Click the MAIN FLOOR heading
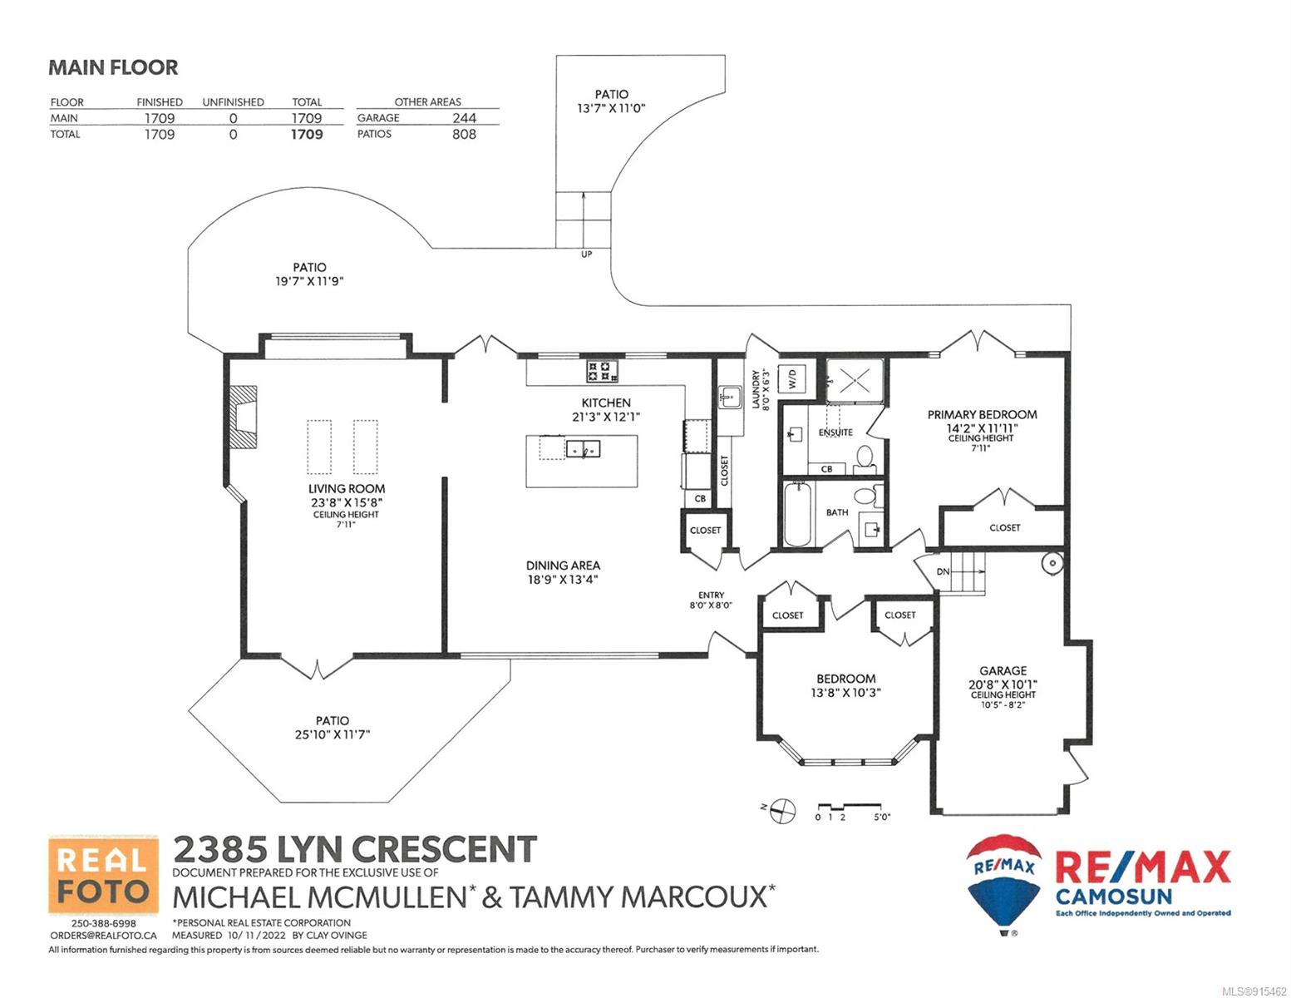[x=113, y=67]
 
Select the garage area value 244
[x=464, y=118]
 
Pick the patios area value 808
[x=464, y=135]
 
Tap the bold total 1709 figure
[x=307, y=135]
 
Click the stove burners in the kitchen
[x=603, y=371]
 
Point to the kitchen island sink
[x=583, y=449]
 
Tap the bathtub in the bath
[x=797, y=514]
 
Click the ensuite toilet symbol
[x=865, y=458]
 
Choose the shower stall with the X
[x=855, y=381]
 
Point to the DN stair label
[x=943, y=572]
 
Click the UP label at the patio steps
[x=586, y=254]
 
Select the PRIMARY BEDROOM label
[x=982, y=415]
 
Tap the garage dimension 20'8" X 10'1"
[x=1003, y=684]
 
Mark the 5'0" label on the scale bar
[x=882, y=818]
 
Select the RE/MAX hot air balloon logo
[x=1003, y=885]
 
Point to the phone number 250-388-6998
[x=103, y=923]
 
